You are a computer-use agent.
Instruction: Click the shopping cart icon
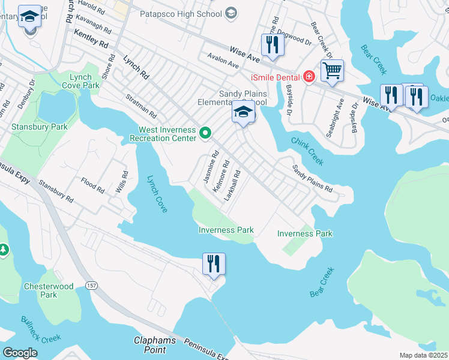point(332,71)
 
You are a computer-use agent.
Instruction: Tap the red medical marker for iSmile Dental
point(309,76)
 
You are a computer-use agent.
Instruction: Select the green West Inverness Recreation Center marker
point(205,133)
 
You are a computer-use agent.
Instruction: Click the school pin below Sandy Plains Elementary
point(243,113)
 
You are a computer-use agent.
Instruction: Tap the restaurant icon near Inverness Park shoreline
point(213,263)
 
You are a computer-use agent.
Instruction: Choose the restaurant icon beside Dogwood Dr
point(273,44)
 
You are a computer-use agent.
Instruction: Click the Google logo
point(20,353)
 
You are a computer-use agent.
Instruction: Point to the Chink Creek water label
point(307,151)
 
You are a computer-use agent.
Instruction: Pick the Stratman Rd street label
point(141,106)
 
